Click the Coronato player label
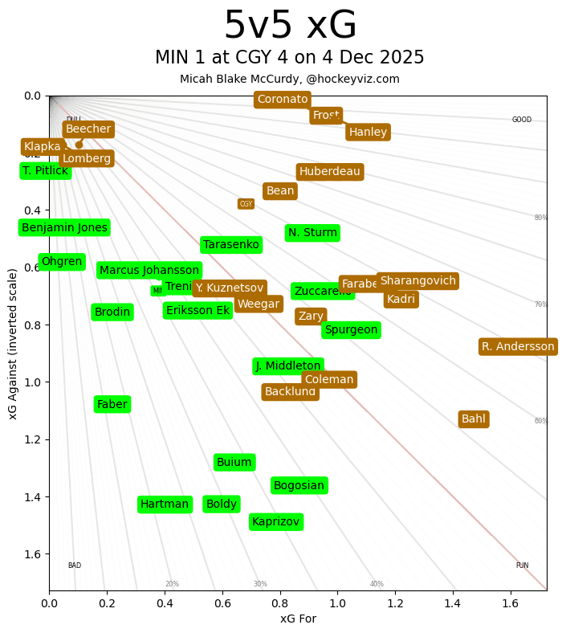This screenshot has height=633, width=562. [x=282, y=100]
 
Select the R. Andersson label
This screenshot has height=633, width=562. [x=518, y=347]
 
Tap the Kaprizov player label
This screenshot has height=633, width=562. [x=275, y=522]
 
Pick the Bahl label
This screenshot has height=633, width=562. [x=473, y=419]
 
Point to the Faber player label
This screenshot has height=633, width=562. [x=112, y=404]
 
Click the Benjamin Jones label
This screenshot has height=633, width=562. [x=64, y=228]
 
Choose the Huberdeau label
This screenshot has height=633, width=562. [x=330, y=172]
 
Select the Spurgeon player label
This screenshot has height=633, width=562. [x=351, y=330]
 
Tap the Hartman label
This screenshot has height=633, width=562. [x=165, y=504]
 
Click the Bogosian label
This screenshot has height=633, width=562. [x=299, y=485]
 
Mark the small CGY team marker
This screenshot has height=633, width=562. [x=246, y=204]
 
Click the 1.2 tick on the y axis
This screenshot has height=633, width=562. [x=32, y=439]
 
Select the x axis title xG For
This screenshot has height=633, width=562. [x=298, y=619]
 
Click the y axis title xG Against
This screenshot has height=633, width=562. [x=13, y=344]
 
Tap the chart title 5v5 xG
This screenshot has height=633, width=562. [x=290, y=27]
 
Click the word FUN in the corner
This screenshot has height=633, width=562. [x=522, y=566]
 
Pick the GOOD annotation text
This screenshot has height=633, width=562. [x=522, y=120]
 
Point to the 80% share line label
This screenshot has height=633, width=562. [x=541, y=218]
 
